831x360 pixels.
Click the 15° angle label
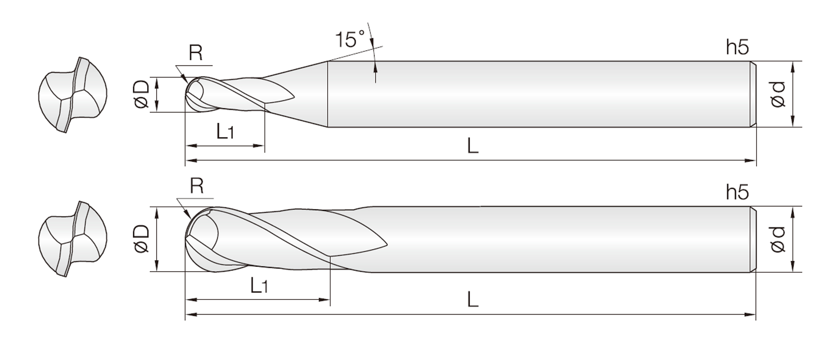point(350,39)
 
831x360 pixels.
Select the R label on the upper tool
point(196,53)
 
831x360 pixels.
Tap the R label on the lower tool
point(196,186)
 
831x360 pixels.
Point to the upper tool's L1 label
point(225,131)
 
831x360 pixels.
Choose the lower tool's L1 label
point(259,285)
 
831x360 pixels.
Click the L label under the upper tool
point(473,146)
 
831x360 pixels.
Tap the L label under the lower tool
point(473,299)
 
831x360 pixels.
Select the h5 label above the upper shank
point(738,47)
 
